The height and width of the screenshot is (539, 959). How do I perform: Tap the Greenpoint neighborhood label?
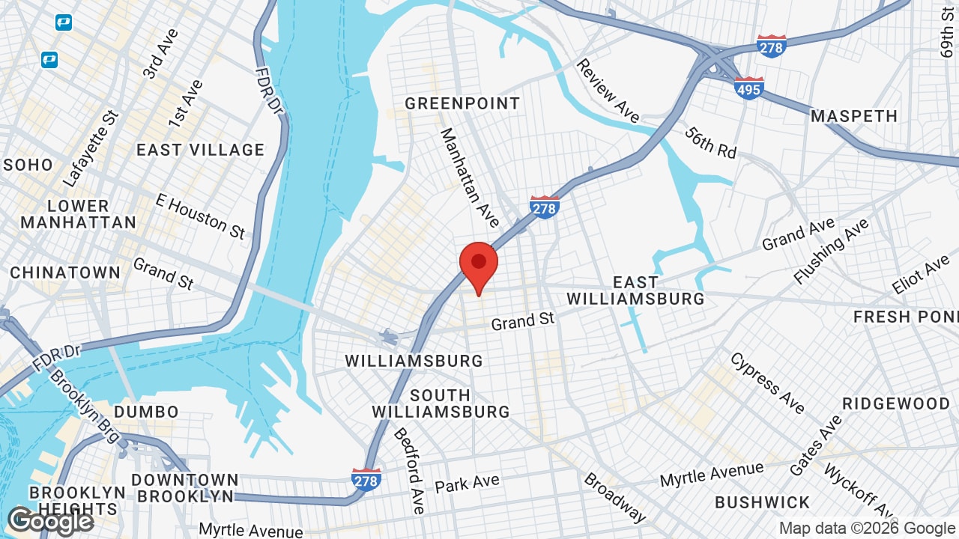point(462,103)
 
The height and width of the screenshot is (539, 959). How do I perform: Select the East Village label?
point(200,150)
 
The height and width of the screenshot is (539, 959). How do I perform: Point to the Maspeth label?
point(854,116)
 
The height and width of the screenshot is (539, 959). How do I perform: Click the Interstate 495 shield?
point(748,88)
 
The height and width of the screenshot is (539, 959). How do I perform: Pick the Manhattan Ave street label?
point(469,178)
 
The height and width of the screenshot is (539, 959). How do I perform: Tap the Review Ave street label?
point(608,91)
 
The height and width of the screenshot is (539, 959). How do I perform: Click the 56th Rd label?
point(710,141)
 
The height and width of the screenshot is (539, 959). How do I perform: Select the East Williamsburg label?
point(635,290)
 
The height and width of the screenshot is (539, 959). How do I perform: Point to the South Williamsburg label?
point(441,404)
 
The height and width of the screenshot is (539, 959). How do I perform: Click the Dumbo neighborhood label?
point(146,412)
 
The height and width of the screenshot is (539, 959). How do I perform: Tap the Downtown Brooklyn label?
point(185,487)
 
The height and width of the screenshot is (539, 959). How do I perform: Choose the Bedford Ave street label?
point(409,470)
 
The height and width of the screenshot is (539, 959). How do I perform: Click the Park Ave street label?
point(467,484)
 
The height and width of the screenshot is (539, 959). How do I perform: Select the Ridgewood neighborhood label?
point(895,404)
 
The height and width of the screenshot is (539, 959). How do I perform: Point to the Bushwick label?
point(762,502)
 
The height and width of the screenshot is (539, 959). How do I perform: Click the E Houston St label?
point(200,216)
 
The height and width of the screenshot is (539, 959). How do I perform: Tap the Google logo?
point(50,521)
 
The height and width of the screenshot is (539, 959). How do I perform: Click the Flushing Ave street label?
point(831,251)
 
